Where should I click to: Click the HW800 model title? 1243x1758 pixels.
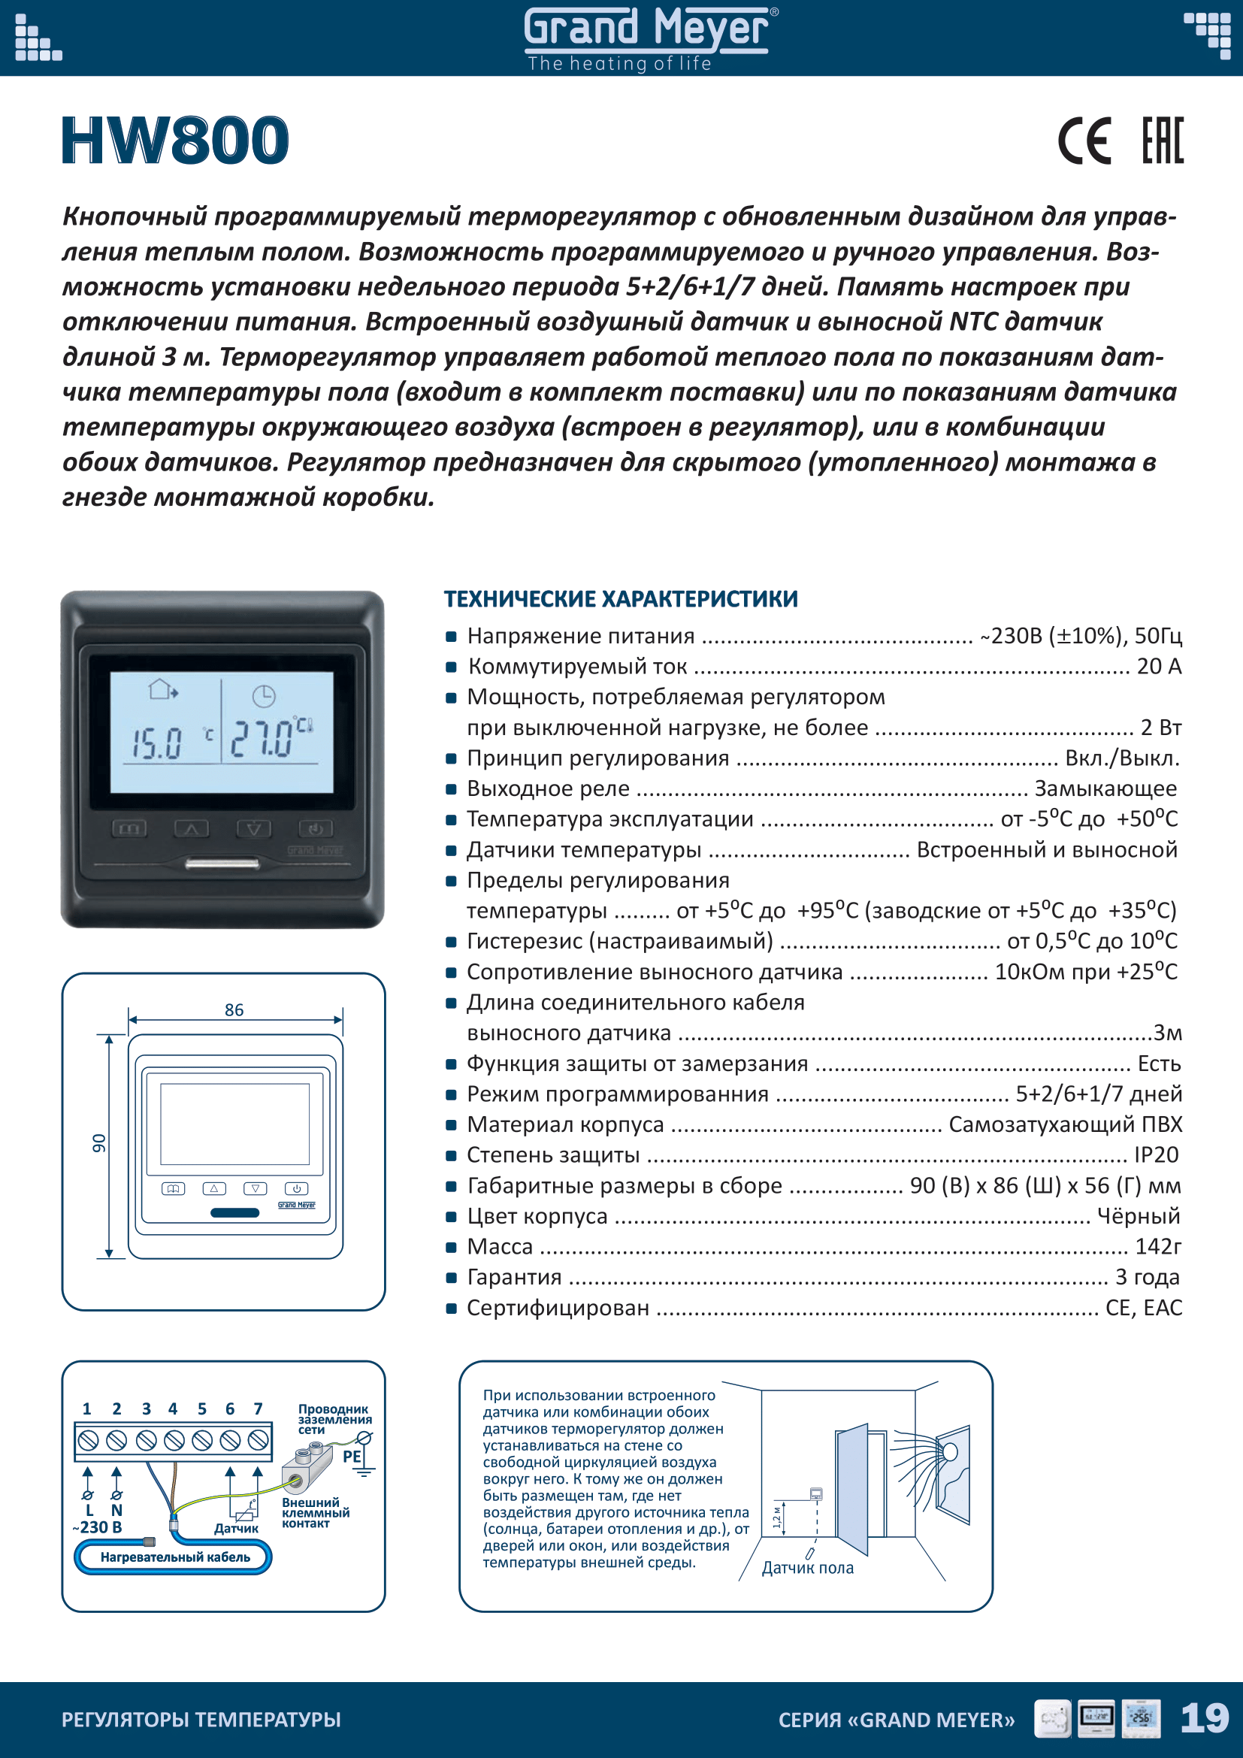pos(175,141)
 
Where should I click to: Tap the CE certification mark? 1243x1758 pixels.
pos(1083,141)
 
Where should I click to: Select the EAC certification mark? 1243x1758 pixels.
pos(1162,141)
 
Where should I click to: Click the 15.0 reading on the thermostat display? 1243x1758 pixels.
pos(157,743)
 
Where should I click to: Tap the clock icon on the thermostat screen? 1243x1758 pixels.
pos(263,696)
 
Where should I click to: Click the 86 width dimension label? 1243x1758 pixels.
pos(234,1010)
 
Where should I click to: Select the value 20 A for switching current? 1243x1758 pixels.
pos(1159,666)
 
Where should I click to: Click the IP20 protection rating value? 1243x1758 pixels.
pos(1156,1154)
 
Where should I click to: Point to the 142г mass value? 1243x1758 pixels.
pos(1157,1246)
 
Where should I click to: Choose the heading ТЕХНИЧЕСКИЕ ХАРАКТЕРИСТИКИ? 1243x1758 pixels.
pos(621,599)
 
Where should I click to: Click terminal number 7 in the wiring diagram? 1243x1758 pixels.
pos(258,1409)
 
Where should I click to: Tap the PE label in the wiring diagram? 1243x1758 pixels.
pos(351,1457)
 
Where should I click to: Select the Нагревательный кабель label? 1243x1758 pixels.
pos(175,1557)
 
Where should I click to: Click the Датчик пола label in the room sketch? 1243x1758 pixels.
pos(807,1568)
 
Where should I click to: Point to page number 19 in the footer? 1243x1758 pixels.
pos(1204,1718)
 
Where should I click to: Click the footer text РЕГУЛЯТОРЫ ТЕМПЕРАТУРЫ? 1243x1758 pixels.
pos(201,1720)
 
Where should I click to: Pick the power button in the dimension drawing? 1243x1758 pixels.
pos(296,1188)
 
